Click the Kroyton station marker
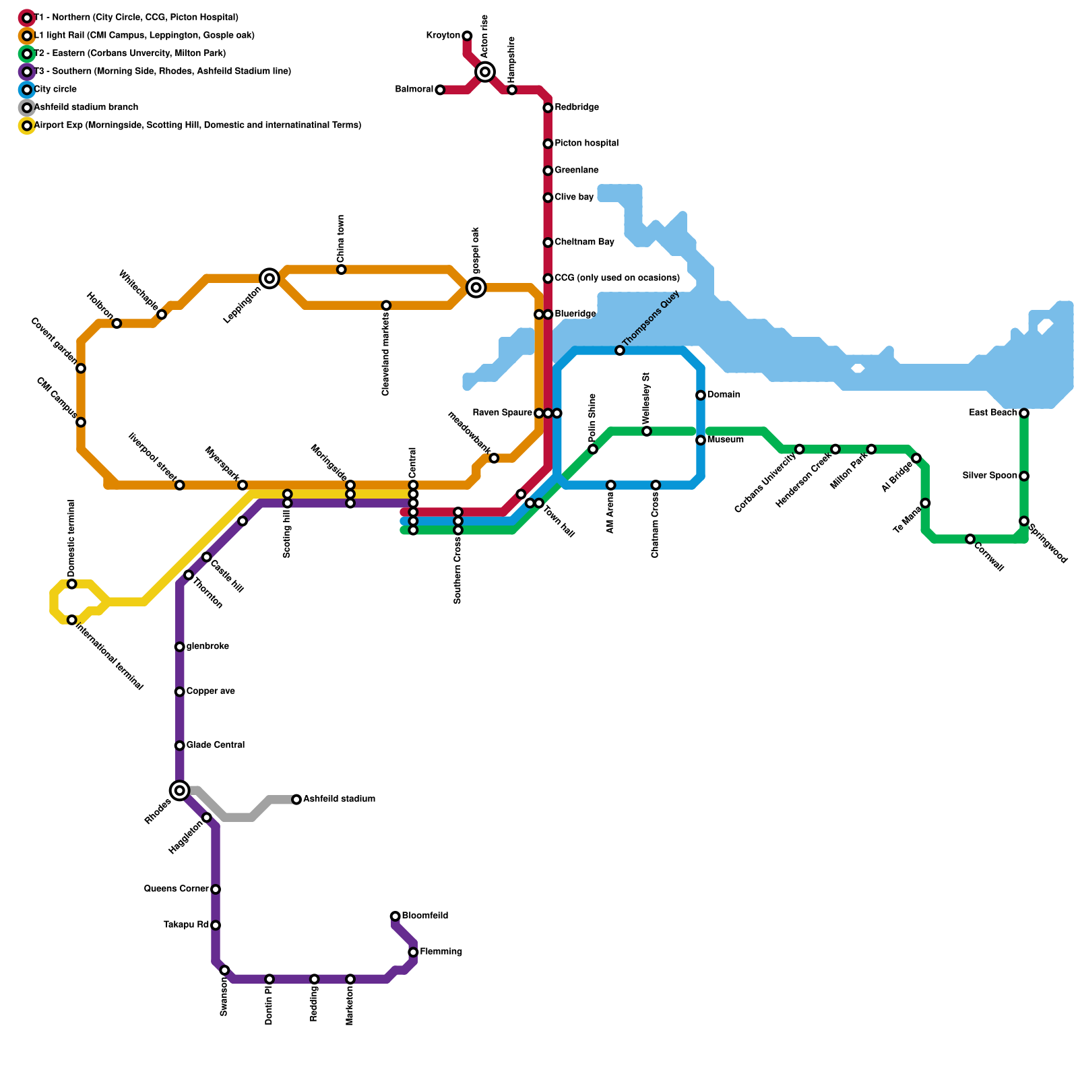pos(467,36)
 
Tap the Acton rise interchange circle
pos(485,71)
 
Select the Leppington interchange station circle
pos(269,278)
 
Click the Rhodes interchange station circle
pos(179,790)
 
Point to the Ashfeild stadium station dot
pos(296,800)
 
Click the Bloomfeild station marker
pos(395,916)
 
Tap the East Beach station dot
pos(1024,413)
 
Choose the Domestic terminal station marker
pos(72,584)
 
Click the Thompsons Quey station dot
pos(620,350)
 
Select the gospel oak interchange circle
pos(476,288)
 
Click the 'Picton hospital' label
pos(586,144)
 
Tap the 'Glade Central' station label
pos(215,745)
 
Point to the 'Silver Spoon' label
pos(990,476)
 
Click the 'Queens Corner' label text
pos(177,889)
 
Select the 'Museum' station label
pos(726,440)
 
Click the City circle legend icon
pos(27,90)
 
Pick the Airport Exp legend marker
pos(27,125)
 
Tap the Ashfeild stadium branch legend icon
pos(27,108)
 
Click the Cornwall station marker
pos(970,539)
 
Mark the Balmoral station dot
pos(440,90)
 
